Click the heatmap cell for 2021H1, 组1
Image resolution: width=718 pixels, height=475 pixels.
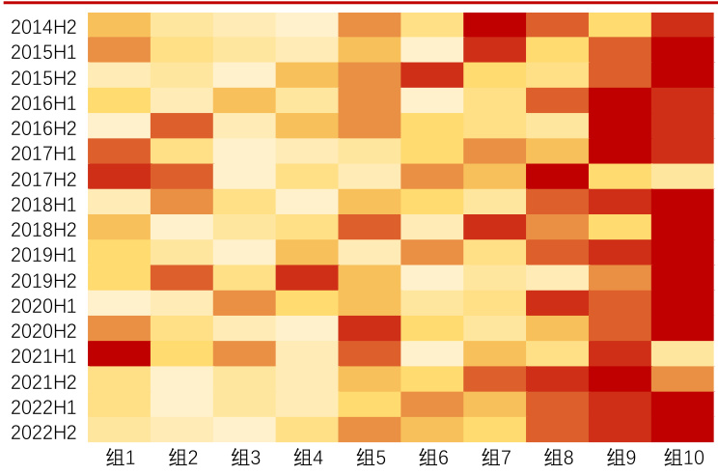click(x=119, y=353)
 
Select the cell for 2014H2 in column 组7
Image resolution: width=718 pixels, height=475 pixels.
click(x=495, y=25)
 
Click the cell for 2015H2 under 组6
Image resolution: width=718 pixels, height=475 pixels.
click(x=432, y=75)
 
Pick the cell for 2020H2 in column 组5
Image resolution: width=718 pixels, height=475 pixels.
click(x=370, y=328)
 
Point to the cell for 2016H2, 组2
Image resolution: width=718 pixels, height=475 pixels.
click(x=181, y=126)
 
